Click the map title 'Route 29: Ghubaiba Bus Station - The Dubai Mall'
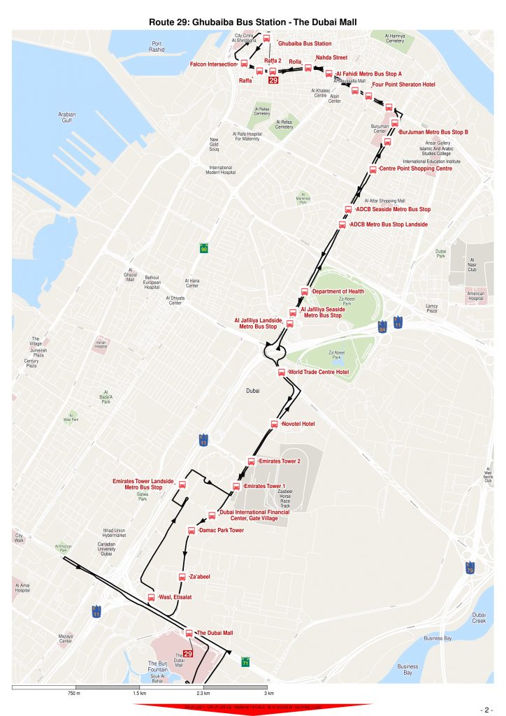[253, 22]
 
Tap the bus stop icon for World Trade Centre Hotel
[282, 372]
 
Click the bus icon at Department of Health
[304, 292]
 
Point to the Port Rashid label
[157, 47]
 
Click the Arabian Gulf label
[67, 117]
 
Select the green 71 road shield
[245, 661]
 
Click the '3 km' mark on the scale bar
[268, 693]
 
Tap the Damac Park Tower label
[222, 531]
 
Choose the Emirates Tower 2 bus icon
[252, 461]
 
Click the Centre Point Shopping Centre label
[415, 169]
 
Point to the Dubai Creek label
[479, 618]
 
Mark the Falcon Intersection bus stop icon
[244, 64]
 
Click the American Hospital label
[476, 296]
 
